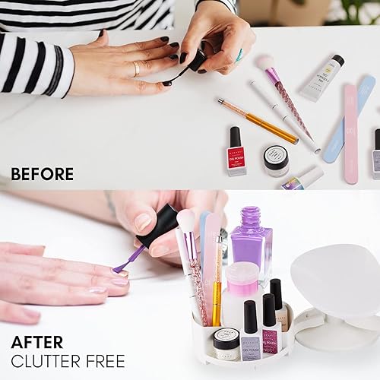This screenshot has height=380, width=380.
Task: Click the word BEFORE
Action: [x=43, y=173]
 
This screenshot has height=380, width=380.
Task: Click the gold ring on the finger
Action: [x=137, y=69]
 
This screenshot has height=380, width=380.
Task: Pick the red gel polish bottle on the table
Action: [x=236, y=152]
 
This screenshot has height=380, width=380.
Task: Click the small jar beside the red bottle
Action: [x=276, y=160]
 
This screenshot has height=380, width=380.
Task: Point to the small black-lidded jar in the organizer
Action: [x=226, y=343]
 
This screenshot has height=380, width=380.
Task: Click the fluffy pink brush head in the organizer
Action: [x=185, y=220]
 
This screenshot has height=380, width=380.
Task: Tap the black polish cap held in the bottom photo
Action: [x=158, y=225]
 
